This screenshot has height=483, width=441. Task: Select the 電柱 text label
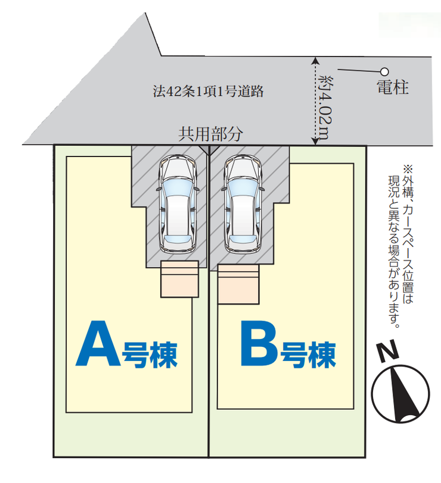pyautogui.click(x=392, y=88)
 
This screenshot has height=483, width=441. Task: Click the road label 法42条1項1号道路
pyautogui.click(x=208, y=92)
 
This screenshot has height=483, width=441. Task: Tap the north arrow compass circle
pyautogui.click(x=400, y=393)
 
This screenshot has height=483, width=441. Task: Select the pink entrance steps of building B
pyautogui.click(x=238, y=284)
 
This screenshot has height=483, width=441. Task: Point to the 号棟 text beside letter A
pyautogui.click(x=149, y=355)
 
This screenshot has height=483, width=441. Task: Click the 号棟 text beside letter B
pyautogui.click(x=309, y=355)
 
